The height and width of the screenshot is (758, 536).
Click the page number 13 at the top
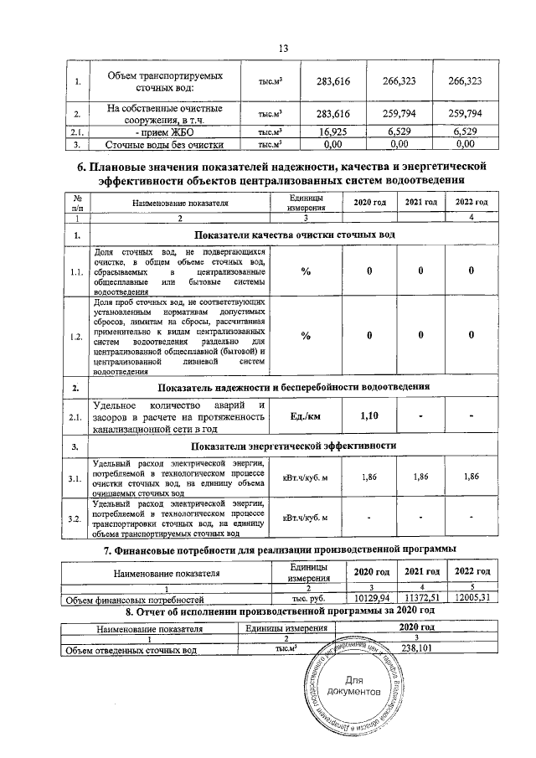282,49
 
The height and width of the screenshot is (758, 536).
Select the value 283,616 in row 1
333,81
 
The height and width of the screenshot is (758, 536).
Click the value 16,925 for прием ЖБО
333,131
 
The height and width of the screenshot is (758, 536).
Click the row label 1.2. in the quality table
76,337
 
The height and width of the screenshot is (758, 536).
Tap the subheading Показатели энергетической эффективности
294,446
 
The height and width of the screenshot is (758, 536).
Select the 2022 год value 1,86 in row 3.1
472,477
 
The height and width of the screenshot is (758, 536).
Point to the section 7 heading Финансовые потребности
279,549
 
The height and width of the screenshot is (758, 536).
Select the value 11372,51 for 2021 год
421,600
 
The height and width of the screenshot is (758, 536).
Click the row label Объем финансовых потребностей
135,601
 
